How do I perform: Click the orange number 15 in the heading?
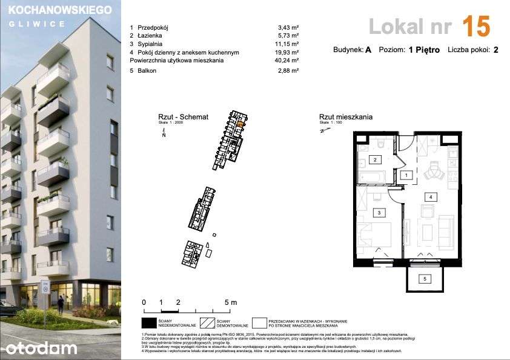pyautogui.click(x=475, y=27)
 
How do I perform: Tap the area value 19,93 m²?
pyautogui.click(x=286, y=52)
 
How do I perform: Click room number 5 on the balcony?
pyautogui.click(x=425, y=278)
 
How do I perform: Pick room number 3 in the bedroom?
pyautogui.click(x=379, y=213)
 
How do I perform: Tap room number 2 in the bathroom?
pyautogui.click(x=375, y=160)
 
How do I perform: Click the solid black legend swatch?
pyautogui.click(x=149, y=322)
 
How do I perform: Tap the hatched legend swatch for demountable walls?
pyautogui.click(x=208, y=322)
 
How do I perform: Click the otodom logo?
pyautogui.click(x=41, y=347)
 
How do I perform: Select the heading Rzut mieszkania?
pyautogui.click(x=346, y=117)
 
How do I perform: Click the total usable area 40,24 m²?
pyautogui.click(x=286, y=61)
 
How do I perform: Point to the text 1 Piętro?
pyautogui.click(x=423, y=50)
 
